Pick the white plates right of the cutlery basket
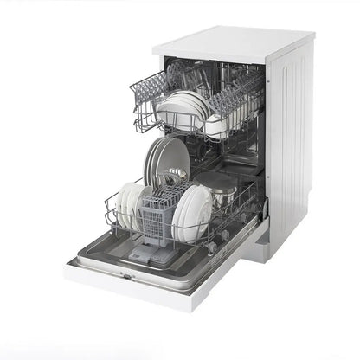coord(191,213)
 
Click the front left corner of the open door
coord(70,273)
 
